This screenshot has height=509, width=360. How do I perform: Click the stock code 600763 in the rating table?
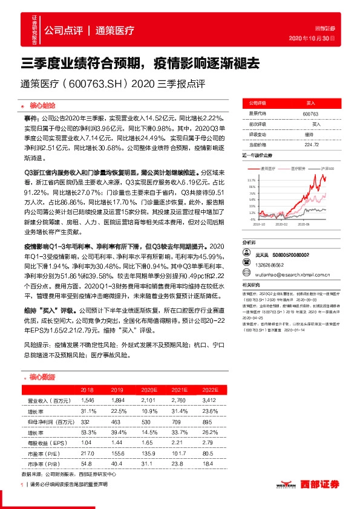pyautogui.click(x=310, y=113)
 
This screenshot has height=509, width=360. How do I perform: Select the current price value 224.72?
pyautogui.click(x=310, y=144)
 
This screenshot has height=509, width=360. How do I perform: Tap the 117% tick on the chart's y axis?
pyautogui.click(x=252, y=180)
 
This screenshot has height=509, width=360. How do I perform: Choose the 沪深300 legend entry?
pyautogui.click(x=327, y=168)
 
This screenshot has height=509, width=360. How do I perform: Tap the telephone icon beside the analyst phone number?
pyautogui.click(x=245, y=265)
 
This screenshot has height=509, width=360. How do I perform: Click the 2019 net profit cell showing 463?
pyautogui.click(x=118, y=422)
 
